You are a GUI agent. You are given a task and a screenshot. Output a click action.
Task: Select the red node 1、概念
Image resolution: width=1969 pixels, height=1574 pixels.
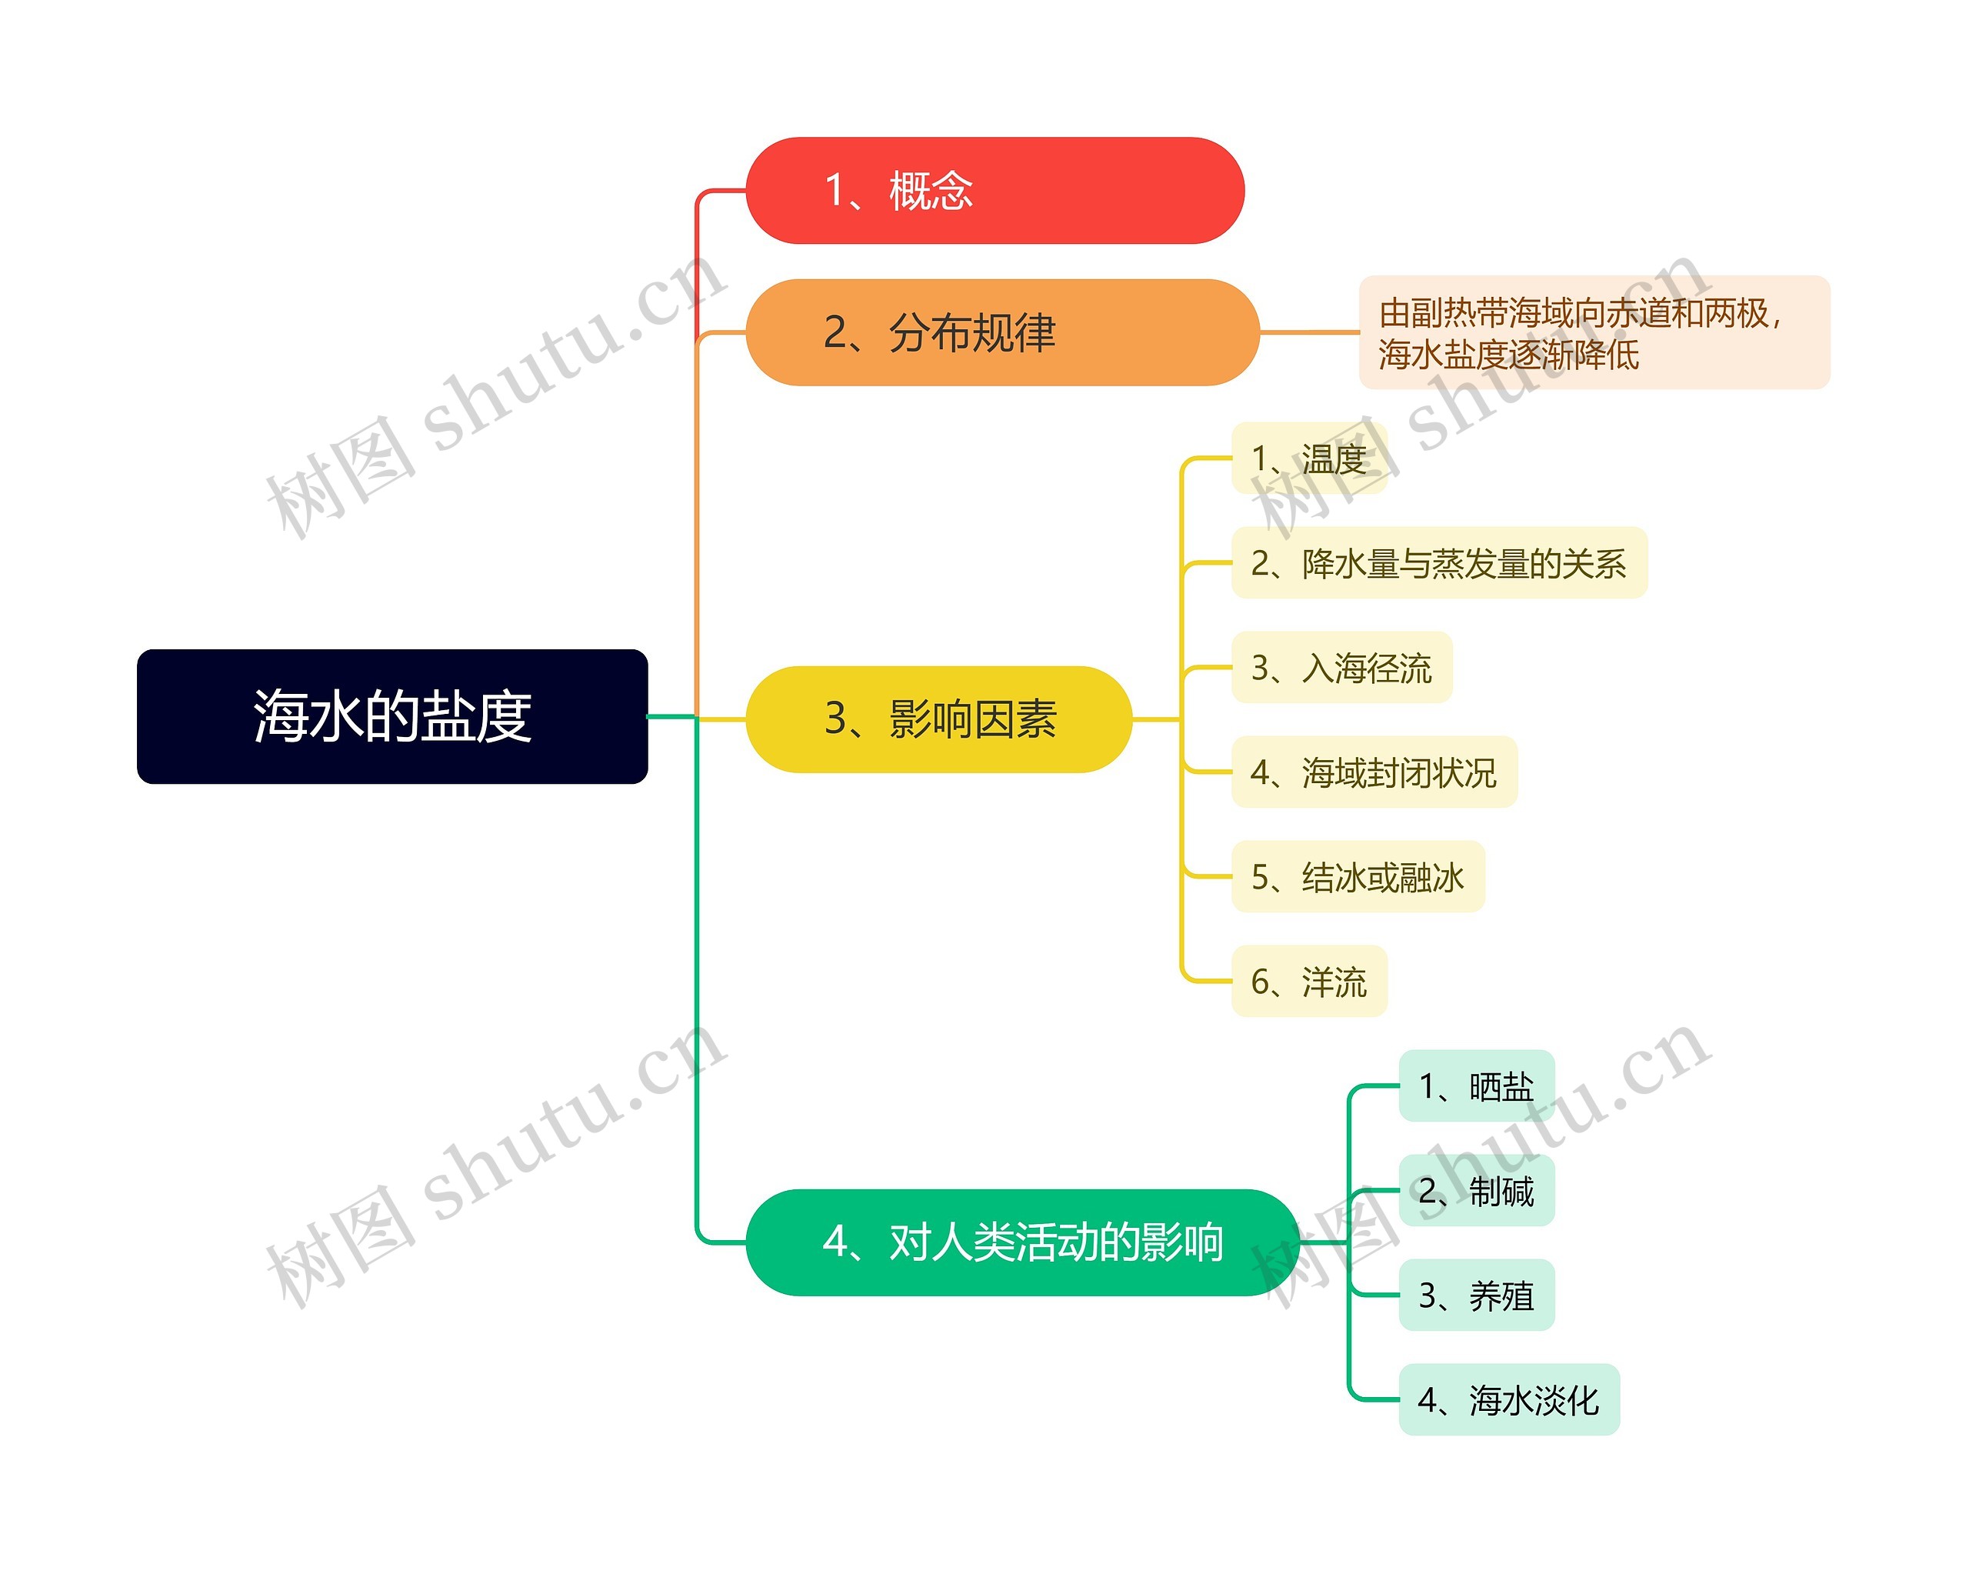994,191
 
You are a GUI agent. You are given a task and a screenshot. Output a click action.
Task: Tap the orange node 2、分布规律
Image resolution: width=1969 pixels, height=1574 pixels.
1002,332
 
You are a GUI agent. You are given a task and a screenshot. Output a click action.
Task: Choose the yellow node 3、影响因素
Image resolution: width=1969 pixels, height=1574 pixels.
939,719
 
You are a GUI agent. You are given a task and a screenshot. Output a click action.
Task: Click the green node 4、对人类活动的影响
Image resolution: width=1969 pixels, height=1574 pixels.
1022,1242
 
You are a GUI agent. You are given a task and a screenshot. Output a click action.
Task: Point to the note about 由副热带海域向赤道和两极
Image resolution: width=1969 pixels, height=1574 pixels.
1594,332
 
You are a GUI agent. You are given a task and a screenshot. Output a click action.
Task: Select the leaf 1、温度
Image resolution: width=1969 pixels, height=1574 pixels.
1309,459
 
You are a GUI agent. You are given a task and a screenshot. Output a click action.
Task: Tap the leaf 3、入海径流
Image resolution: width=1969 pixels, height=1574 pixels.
1341,668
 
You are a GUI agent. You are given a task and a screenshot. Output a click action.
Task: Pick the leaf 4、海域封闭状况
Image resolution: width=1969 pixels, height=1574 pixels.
1374,772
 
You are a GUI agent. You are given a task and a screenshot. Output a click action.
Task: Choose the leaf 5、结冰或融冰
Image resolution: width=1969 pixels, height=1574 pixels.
1357,877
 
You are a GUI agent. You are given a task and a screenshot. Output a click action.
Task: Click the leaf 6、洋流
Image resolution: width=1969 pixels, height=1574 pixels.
1309,981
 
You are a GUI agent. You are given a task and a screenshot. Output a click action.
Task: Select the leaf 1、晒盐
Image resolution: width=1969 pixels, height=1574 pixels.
1476,1086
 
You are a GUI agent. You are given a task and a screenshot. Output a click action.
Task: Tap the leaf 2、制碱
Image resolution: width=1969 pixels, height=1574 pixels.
1476,1190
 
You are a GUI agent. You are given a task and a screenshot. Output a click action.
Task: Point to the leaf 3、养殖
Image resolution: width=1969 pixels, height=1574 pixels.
1476,1296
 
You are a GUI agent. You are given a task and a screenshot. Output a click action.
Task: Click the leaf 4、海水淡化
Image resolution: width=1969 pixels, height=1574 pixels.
1509,1399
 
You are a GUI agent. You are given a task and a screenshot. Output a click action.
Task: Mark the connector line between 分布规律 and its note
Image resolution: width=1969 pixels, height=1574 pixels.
1310,332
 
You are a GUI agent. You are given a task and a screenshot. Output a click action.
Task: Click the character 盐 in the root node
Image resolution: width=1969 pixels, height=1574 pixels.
447,716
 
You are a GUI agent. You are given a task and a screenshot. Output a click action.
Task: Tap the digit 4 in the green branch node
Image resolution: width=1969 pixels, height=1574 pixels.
835,1242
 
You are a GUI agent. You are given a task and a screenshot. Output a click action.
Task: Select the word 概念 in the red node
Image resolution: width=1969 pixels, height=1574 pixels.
931,191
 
